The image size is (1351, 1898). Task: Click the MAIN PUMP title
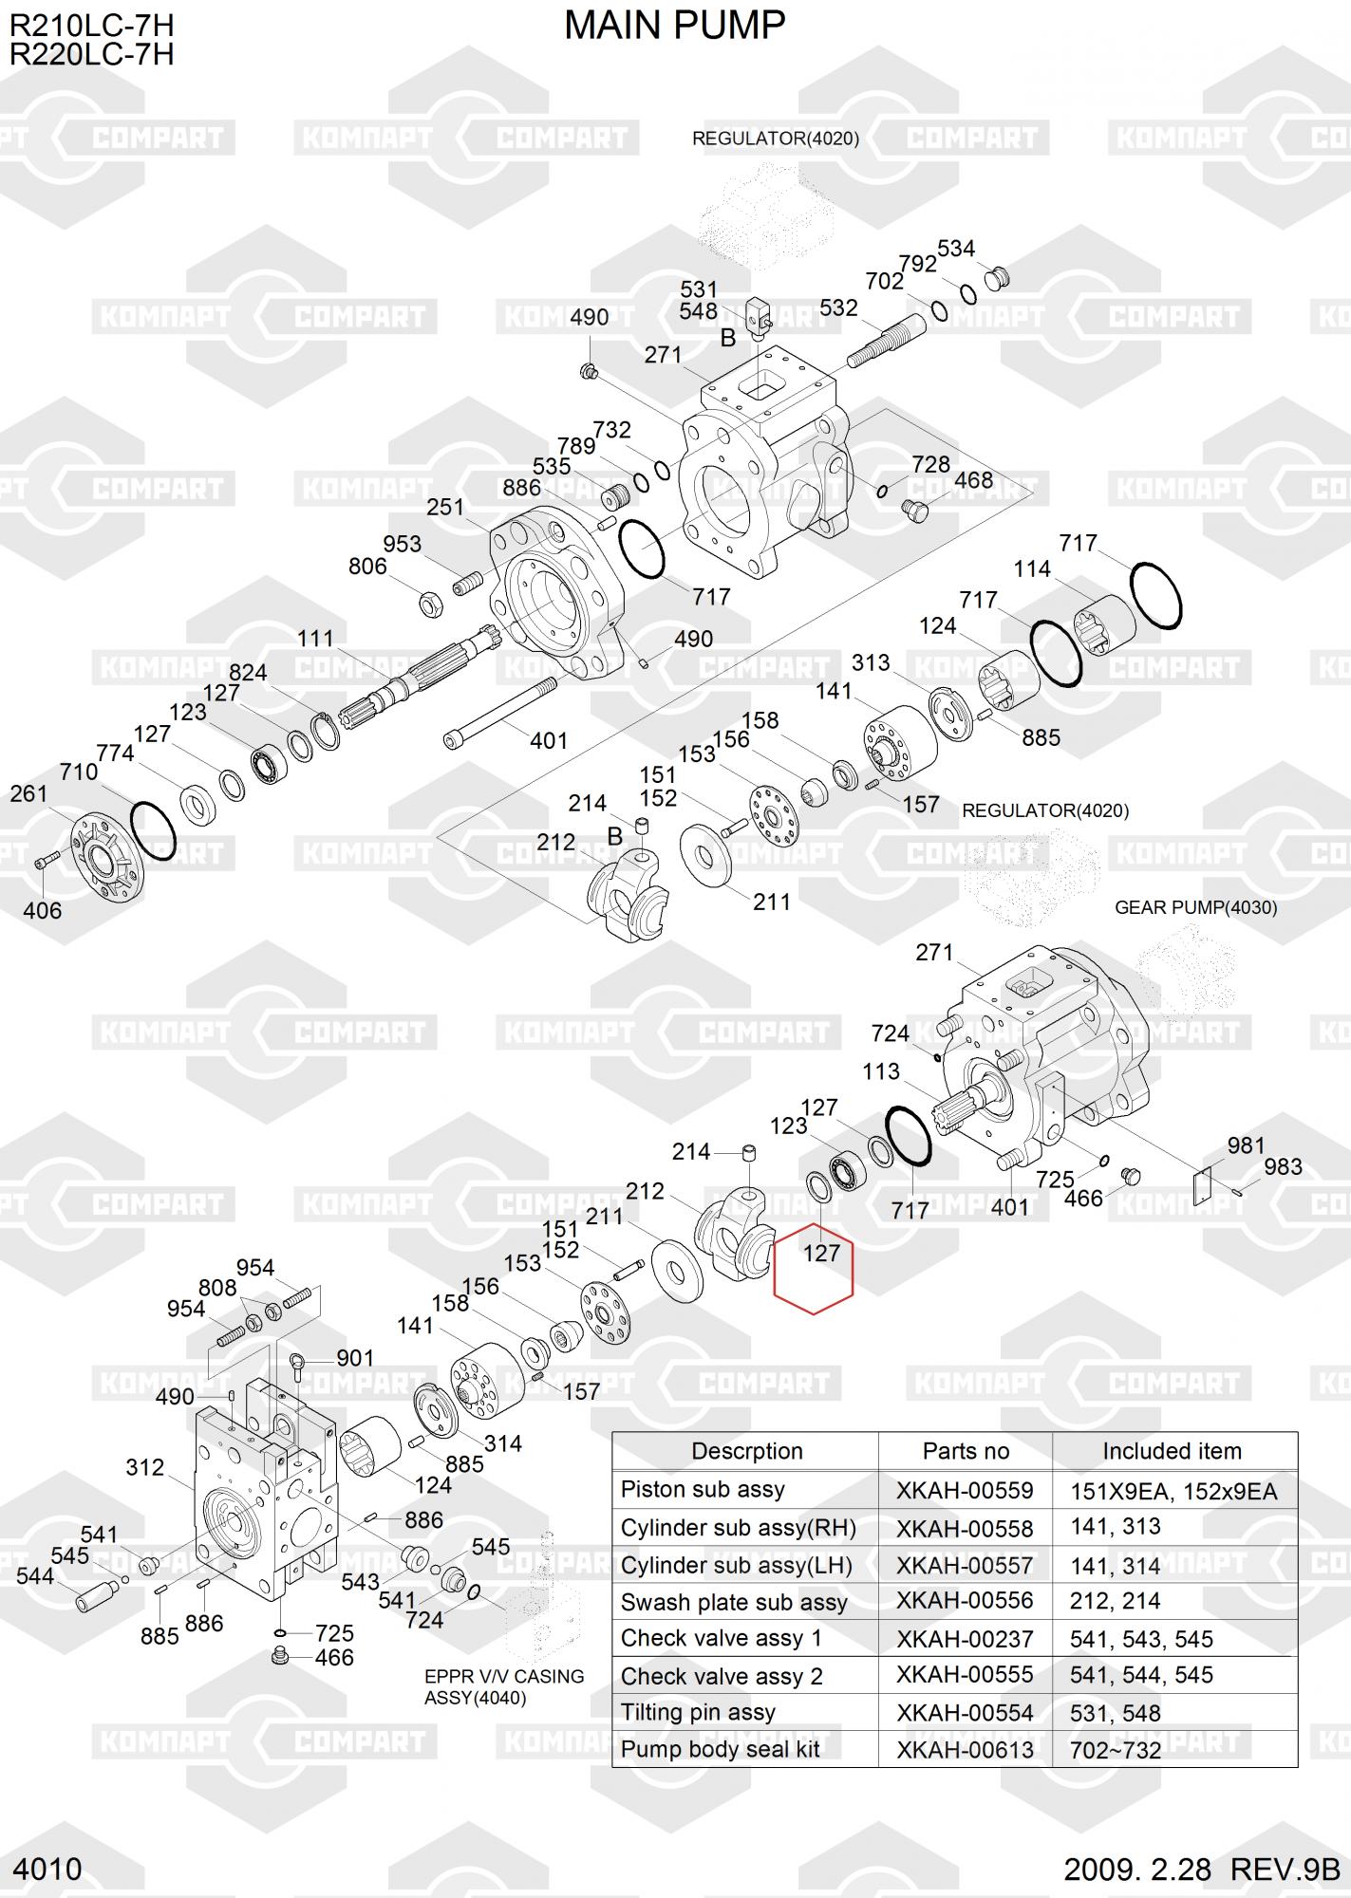(x=674, y=27)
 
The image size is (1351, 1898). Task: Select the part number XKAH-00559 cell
(x=965, y=1490)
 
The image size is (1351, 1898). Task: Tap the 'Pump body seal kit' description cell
(x=720, y=1749)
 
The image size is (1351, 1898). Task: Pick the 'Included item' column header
(x=1172, y=1451)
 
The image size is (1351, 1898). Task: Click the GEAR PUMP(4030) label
(x=1195, y=907)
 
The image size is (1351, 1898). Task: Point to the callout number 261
(x=28, y=793)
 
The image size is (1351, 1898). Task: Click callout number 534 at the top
(x=955, y=249)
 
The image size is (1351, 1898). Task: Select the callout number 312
(x=144, y=1467)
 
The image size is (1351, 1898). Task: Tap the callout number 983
(x=1283, y=1166)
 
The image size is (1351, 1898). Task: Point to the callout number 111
(x=315, y=639)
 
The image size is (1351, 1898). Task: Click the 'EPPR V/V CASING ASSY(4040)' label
(x=503, y=1686)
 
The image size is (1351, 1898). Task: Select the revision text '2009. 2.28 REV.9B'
(x=1200, y=1869)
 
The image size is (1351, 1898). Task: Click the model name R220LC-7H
(x=91, y=54)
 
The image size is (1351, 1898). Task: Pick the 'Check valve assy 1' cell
(x=721, y=1638)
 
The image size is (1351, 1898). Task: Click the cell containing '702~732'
(x=1116, y=1750)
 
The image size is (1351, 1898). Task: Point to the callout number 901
(x=355, y=1358)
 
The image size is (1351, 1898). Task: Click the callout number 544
(x=35, y=1576)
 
